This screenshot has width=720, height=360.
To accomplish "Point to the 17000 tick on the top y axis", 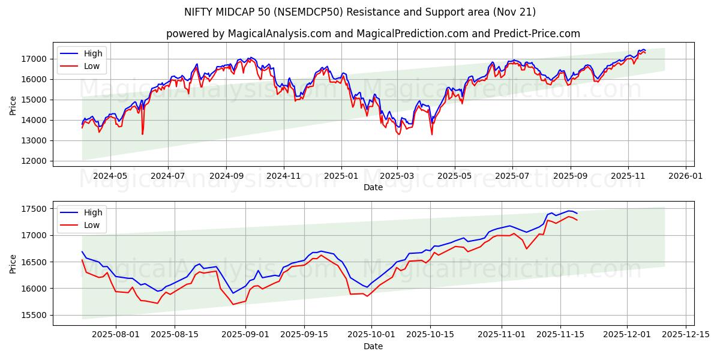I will (x=35, y=59).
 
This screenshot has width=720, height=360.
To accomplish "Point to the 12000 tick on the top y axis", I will (x=35, y=161).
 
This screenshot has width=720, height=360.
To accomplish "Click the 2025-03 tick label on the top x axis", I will (x=397, y=176).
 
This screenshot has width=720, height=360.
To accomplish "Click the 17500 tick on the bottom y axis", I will (x=35, y=209).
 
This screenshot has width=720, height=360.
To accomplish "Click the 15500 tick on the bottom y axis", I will (x=35, y=315).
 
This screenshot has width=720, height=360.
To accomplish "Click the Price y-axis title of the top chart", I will (x=13, y=105).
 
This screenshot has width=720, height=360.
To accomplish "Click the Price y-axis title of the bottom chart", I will (x=13, y=263).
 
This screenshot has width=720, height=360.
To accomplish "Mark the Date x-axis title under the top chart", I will (x=373, y=187).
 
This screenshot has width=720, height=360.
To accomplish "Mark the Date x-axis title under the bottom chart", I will (x=373, y=346).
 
